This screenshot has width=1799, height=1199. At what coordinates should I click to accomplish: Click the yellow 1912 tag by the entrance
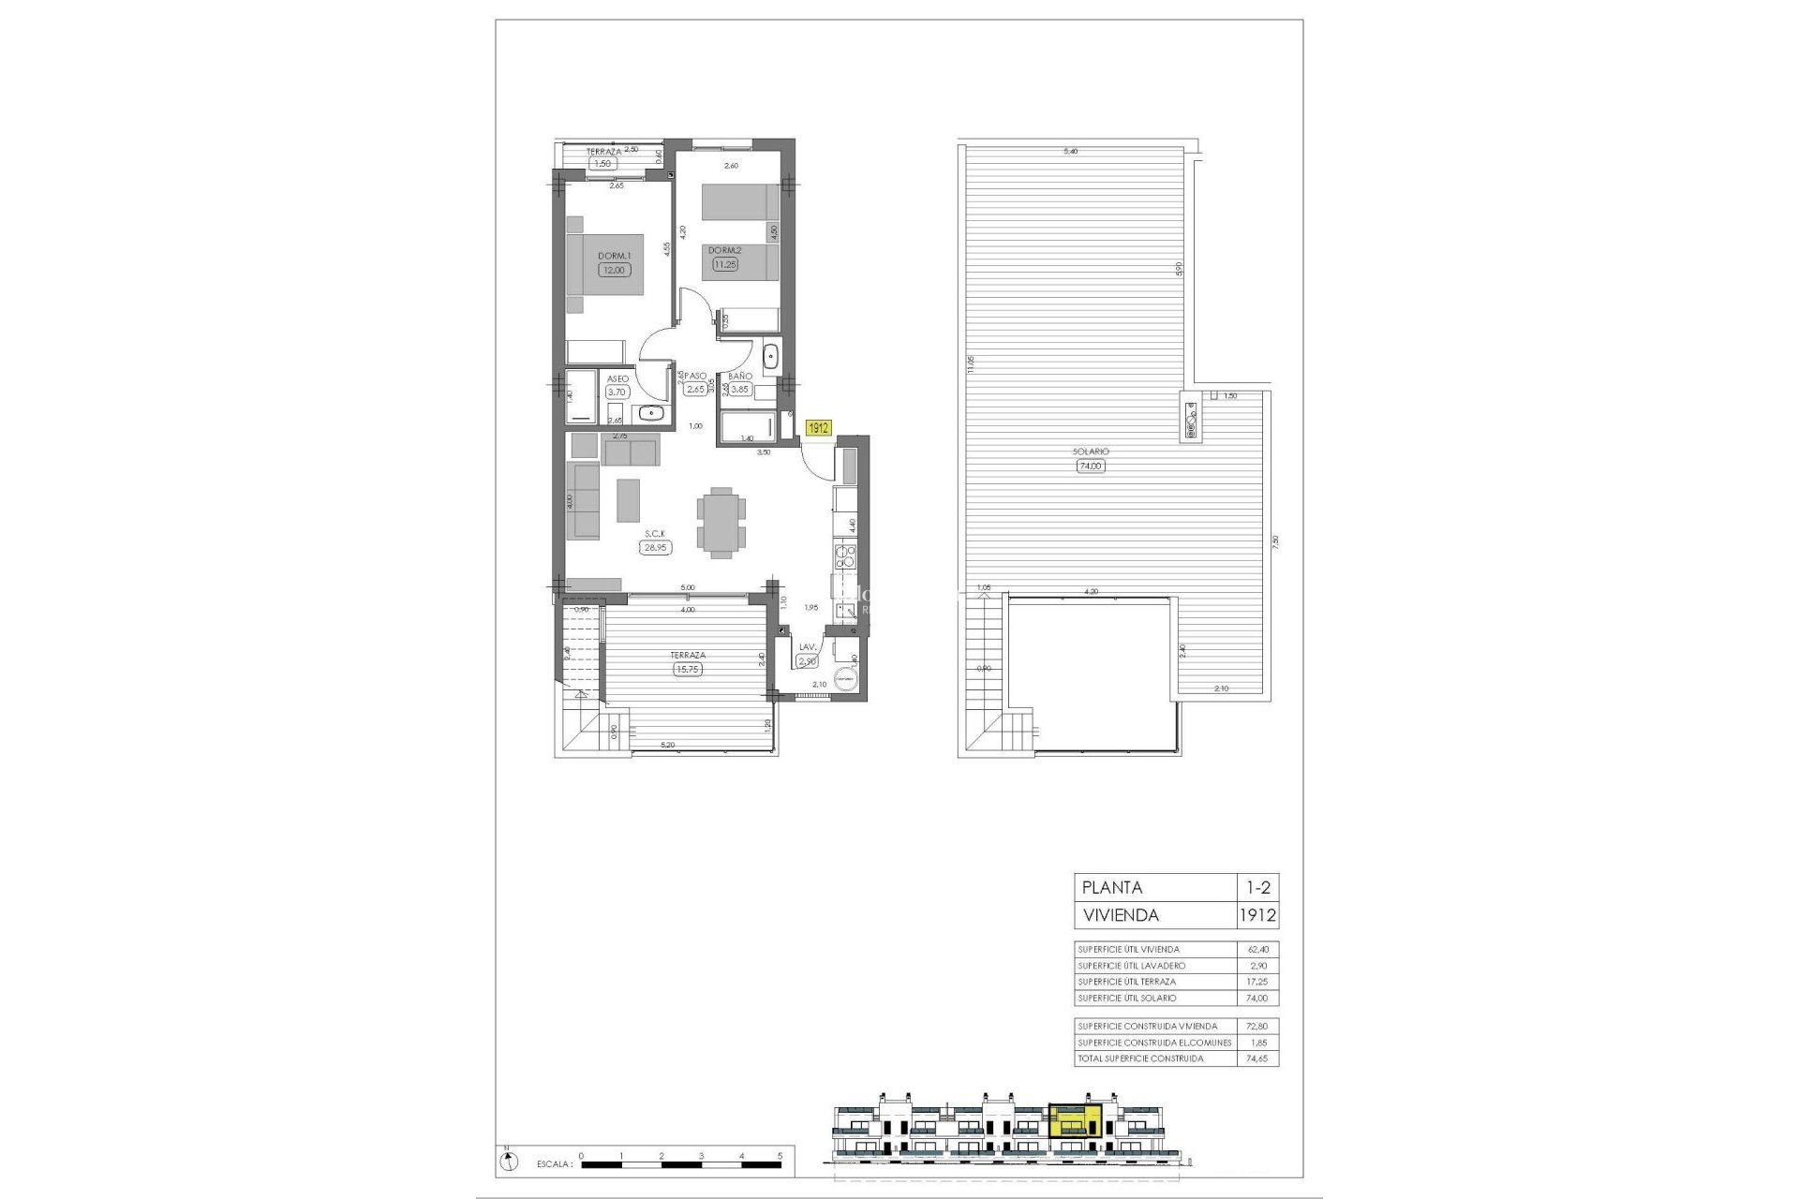pos(819,427)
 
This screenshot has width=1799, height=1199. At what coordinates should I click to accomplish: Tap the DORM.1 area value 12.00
pos(615,270)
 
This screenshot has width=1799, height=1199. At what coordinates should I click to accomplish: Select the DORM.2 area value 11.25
pos(725,264)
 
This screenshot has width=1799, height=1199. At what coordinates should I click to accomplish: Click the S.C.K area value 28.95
pos(655,548)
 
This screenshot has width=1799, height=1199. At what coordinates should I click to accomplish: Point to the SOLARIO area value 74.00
pos(1091,466)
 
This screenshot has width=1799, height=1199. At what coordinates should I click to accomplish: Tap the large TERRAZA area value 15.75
pos(688,669)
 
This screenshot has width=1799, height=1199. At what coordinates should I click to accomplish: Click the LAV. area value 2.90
pos(807,661)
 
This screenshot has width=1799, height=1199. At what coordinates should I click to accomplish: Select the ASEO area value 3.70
pos(616,392)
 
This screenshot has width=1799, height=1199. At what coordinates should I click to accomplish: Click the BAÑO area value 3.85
pos(740,390)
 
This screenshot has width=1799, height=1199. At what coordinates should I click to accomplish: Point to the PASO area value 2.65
pos(694,390)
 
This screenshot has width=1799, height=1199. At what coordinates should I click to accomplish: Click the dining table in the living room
pos(721,523)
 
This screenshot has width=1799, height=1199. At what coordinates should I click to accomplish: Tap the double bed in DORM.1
pos(605,264)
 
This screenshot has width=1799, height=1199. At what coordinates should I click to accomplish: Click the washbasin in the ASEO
pos(651,413)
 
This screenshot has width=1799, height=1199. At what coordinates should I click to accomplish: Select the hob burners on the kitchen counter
pos(845,559)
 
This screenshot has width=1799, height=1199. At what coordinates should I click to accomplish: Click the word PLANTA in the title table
pos(1112,887)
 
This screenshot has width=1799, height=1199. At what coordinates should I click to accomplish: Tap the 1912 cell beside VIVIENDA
pos(1257,915)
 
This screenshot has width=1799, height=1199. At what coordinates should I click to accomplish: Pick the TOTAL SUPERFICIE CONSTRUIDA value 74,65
pos(1256,1058)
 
